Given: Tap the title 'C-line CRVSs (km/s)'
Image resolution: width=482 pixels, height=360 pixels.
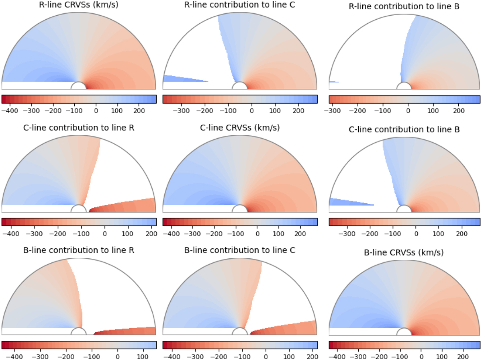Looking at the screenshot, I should point(240,128).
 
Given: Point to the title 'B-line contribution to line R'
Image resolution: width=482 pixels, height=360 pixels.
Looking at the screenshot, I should point(79,250).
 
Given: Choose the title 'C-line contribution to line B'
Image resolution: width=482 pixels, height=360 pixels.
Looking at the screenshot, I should point(404,129).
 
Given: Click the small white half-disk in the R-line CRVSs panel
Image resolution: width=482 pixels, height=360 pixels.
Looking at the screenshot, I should point(78,86).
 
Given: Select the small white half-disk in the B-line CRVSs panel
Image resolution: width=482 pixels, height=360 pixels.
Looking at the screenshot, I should point(404,332).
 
